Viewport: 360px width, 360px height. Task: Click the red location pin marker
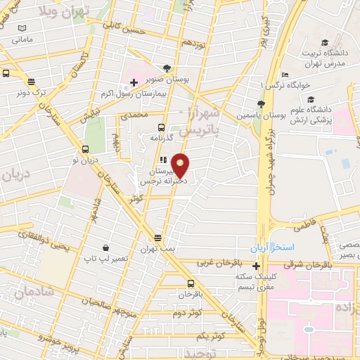[x=181, y=165]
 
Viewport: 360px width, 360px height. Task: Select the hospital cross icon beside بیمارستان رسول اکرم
[x=133, y=83]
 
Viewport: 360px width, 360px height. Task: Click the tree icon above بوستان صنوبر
[x=166, y=68]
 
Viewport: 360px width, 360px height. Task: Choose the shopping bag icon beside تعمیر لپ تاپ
[x=105, y=247]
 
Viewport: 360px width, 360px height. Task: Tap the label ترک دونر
[x=32, y=92]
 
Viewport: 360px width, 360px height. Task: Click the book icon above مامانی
[x=22, y=27]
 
